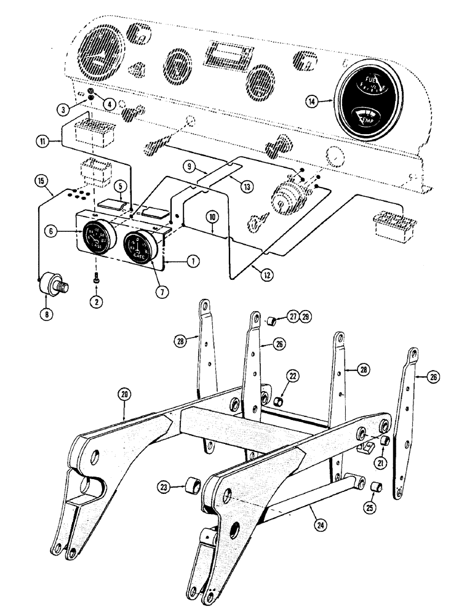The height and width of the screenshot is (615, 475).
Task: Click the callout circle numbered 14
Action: click(x=313, y=102)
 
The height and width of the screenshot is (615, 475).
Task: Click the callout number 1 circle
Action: click(x=193, y=261)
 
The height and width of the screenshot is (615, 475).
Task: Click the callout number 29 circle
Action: click(x=306, y=317)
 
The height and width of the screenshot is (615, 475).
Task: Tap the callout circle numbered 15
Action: click(x=41, y=181)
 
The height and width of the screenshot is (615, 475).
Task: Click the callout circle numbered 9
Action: click(x=190, y=165)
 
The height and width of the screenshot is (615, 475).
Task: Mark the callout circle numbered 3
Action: click(x=63, y=110)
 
